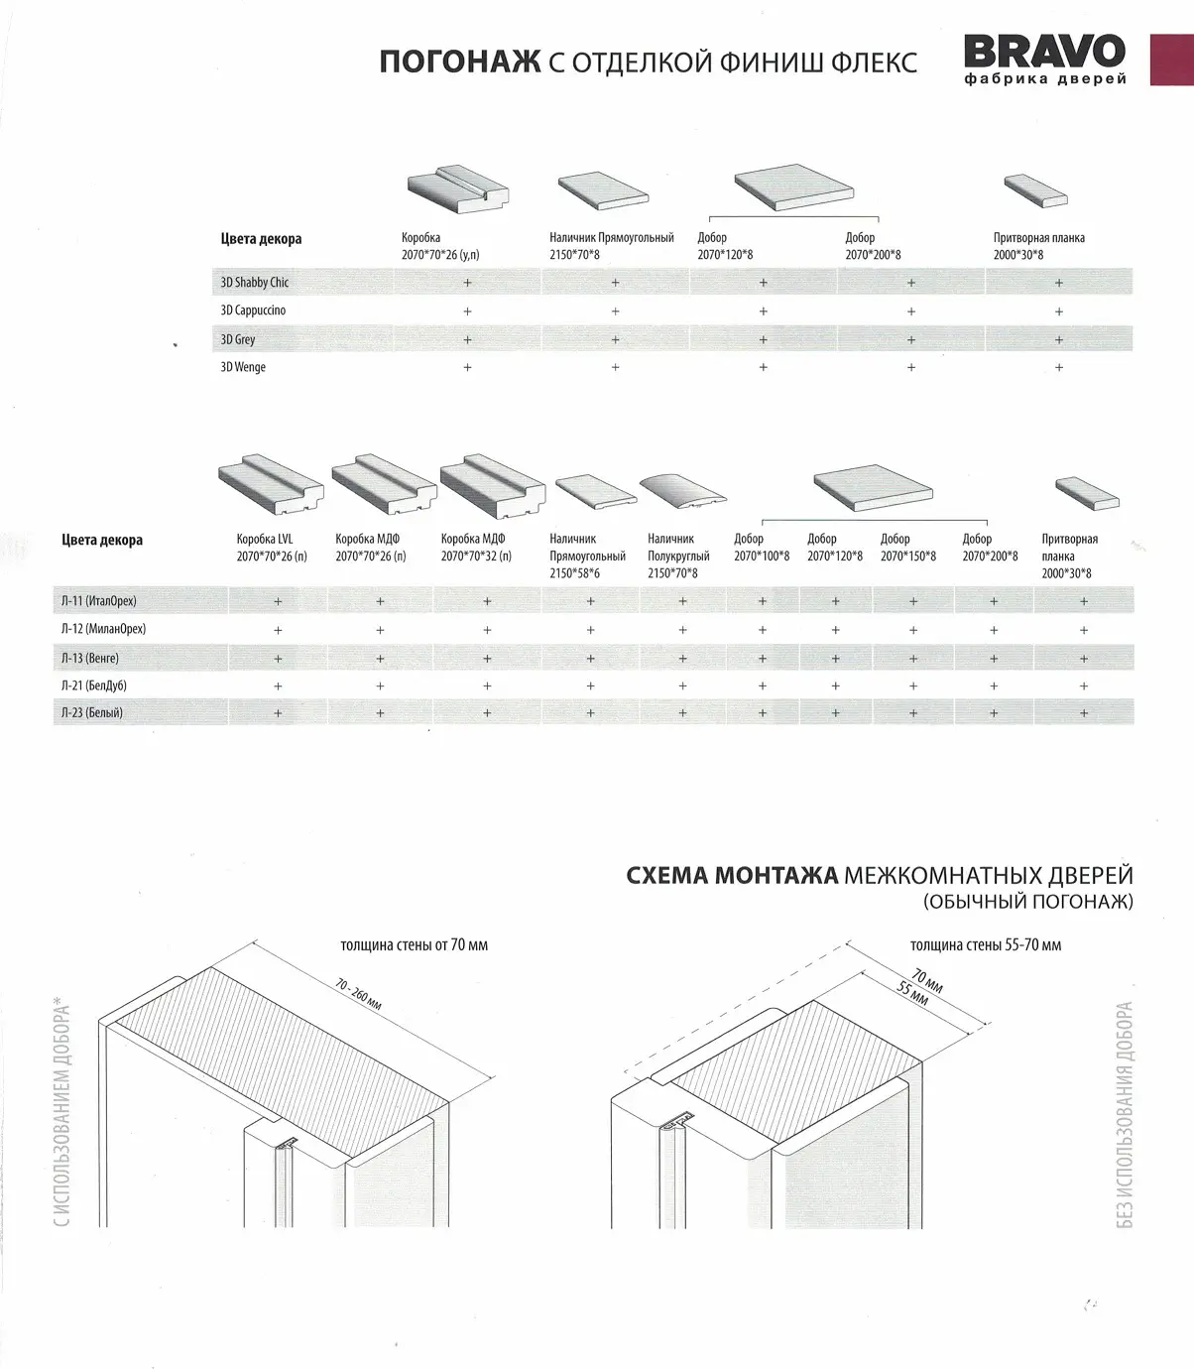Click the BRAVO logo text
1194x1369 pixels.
click(x=1044, y=52)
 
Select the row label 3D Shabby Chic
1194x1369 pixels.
click(x=255, y=283)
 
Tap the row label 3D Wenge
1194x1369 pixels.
click(x=243, y=367)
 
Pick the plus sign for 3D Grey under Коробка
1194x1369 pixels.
click(x=467, y=339)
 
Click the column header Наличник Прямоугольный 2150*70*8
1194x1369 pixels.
click(x=611, y=246)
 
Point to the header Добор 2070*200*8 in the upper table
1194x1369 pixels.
click(x=873, y=246)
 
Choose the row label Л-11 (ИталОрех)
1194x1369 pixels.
click(x=98, y=601)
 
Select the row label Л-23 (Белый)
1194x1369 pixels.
click(x=91, y=712)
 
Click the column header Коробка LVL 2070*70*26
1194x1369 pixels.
click(x=272, y=548)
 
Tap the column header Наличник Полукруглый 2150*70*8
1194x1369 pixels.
click(x=672, y=556)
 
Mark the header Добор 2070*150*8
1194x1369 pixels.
click(x=907, y=548)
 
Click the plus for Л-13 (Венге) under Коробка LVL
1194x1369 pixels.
click(x=278, y=658)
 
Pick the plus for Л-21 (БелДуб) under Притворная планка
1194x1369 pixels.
click(x=1083, y=685)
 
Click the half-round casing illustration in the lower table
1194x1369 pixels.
click(x=681, y=491)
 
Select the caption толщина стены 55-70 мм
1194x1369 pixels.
click(x=985, y=945)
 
